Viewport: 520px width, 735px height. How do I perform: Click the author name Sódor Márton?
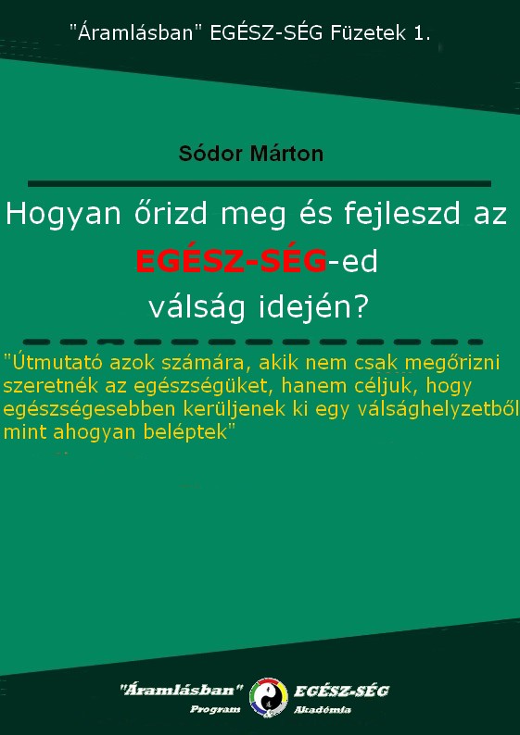pyautogui.click(x=251, y=154)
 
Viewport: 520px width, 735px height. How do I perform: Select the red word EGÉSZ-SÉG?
pyautogui.click(x=231, y=262)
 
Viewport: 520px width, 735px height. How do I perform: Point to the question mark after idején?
pyautogui.click(x=360, y=307)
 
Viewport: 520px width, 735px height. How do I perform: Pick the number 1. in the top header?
pyautogui.click(x=422, y=33)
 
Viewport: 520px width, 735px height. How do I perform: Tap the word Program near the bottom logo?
pyautogui.click(x=215, y=709)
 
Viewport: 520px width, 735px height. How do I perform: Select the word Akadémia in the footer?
pyautogui.click(x=323, y=710)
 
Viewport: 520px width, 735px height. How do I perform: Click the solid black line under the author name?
pyautogui.click(x=260, y=183)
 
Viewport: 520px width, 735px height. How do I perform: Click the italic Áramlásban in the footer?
pyautogui.click(x=182, y=690)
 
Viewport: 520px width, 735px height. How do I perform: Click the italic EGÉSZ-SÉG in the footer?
pyautogui.click(x=341, y=691)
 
